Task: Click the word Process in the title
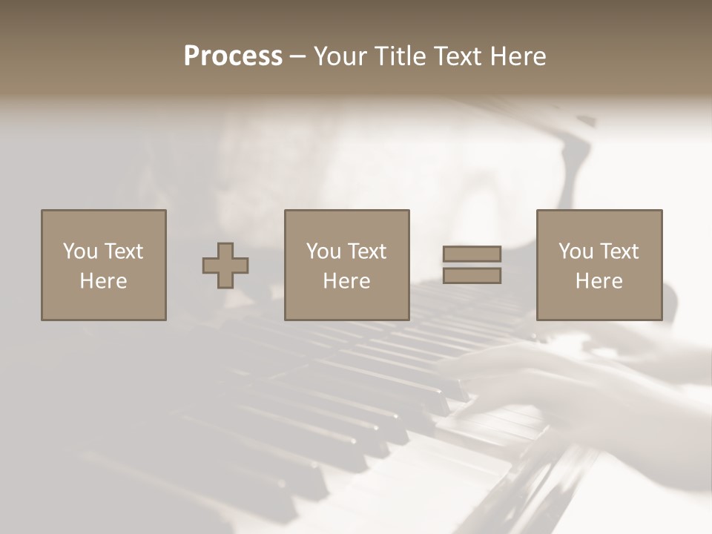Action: [233, 56]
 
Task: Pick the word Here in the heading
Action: [518, 56]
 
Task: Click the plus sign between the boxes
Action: [225, 266]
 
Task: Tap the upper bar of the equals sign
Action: [472, 254]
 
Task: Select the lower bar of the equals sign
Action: [472, 276]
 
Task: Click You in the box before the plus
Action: [80, 251]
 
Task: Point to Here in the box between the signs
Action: [347, 281]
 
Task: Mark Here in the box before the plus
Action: [104, 281]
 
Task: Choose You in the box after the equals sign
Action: [576, 251]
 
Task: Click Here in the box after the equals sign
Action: [599, 281]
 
